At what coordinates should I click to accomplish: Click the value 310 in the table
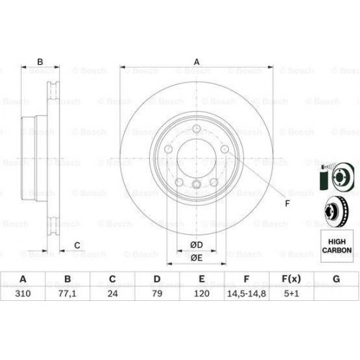23,294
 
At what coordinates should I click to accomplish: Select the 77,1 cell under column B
67,294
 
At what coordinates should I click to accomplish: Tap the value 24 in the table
112,294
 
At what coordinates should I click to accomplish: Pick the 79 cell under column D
157,294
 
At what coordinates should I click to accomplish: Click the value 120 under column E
202,294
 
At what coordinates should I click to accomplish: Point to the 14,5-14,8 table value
246,294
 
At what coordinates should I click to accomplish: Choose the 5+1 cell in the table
291,294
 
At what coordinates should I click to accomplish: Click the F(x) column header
291,279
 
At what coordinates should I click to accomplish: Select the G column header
336,279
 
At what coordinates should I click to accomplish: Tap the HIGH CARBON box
337,246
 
